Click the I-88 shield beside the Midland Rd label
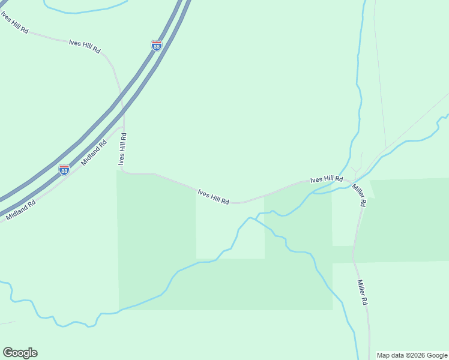click(64, 170)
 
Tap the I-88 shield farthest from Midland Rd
click(156, 46)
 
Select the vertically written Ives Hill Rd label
click(122, 149)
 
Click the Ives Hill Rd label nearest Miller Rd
click(326, 179)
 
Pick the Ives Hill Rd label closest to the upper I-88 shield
click(85, 46)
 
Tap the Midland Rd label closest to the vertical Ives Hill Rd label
click(94, 152)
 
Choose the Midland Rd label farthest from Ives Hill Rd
click(20, 211)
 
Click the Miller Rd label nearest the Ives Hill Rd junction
click(358, 195)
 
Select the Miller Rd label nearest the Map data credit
click(362, 293)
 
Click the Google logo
click(20, 353)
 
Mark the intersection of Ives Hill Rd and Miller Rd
click(351, 179)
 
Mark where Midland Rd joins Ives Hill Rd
click(124, 127)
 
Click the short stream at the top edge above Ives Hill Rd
click(84, 9)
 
